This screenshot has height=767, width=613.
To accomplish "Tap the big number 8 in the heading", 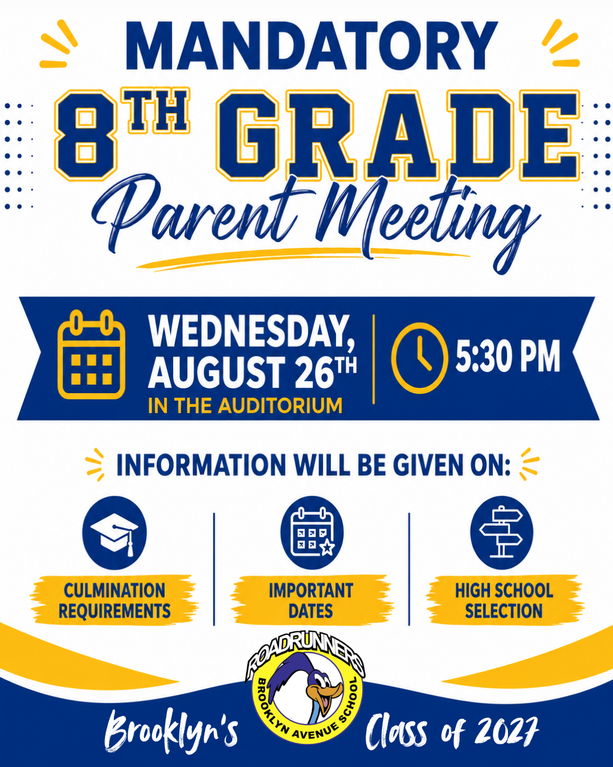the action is (86, 135).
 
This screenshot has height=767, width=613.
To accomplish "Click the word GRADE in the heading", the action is (397, 135).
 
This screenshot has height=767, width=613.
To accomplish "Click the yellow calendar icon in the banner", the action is (91, 354).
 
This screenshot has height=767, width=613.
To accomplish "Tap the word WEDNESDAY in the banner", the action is (251, 331).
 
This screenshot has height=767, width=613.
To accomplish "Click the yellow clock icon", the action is (419, 358).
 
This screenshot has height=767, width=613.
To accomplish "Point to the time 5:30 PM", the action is (508, 356).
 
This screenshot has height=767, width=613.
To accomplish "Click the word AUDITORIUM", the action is (280, 405).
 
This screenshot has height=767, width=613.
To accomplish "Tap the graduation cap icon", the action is (114, 533).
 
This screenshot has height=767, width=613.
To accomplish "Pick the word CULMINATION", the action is (114, 590).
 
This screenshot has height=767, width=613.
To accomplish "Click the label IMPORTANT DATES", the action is (311, 601).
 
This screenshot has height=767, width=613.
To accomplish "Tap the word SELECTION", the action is (503, 611).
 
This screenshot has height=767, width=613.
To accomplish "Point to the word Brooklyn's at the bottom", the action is (171, 731).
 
